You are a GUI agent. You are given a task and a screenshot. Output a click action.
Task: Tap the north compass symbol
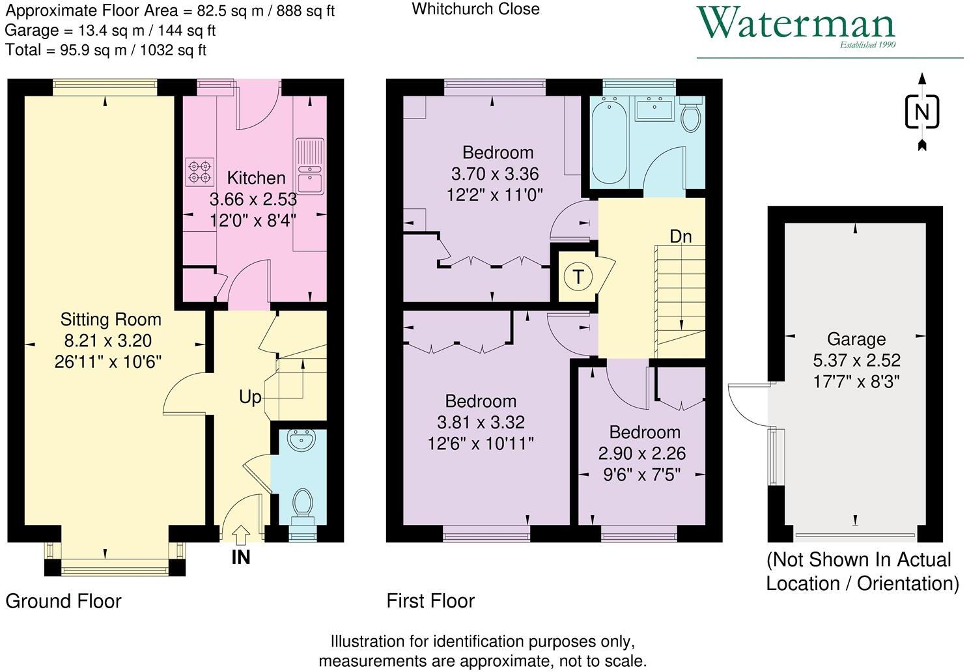[x=921, y=112]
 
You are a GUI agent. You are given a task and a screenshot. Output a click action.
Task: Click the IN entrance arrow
[x=240, y=535]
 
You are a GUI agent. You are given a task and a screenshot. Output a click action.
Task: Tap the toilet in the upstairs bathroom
[x=690, y=118]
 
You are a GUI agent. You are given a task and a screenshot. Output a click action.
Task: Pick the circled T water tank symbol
[x=577, y=277]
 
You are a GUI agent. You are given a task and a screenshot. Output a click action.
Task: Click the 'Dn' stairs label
[x=681, y=236]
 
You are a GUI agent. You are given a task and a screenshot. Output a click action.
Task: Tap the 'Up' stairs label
[x=250, y=397]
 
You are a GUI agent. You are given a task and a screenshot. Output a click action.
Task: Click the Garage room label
[x=856, y=339]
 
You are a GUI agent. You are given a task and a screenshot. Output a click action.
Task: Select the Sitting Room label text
[x=111, y=319]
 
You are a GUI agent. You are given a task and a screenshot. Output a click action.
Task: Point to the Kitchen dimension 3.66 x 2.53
[x=253, y=199]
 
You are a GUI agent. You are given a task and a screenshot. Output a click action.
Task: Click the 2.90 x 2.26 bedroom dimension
[x=641, y=453]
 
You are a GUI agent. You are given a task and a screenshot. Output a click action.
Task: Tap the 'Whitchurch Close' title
[x=475, y=9]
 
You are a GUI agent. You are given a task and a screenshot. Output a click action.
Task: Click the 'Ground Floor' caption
[x=63, y=600]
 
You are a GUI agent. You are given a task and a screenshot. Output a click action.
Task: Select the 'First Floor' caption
[x=430, y=600]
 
